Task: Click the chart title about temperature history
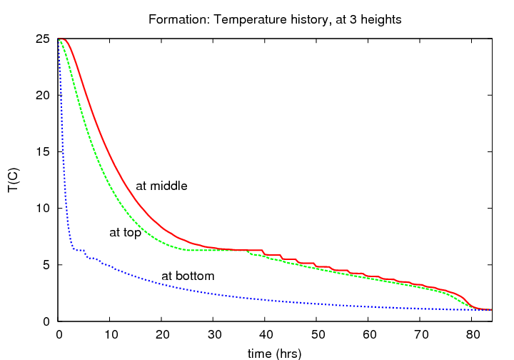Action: pos(275,19)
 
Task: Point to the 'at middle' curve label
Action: pos(161,186)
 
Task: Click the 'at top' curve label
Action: pos(125,232)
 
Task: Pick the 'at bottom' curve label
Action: pos(188,276)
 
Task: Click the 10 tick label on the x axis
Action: pos(110,334)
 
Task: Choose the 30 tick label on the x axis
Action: pos(213,334)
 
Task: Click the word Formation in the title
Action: pos(173,19)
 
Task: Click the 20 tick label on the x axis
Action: pos(162,334)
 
